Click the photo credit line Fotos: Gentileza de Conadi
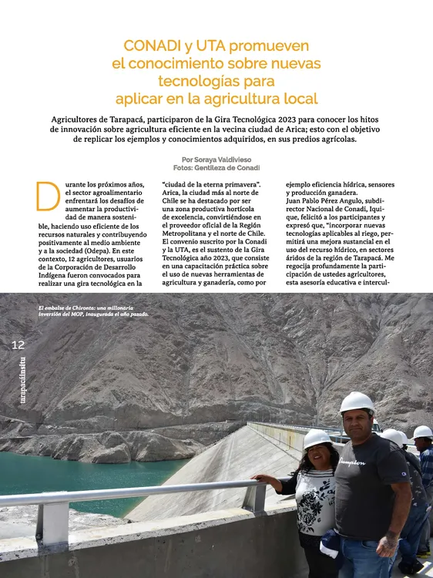click(x=216, y=167)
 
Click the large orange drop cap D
click(x=48, y=196)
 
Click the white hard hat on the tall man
click(x=356, y=402)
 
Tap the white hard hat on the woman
click(x=316, y=439)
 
